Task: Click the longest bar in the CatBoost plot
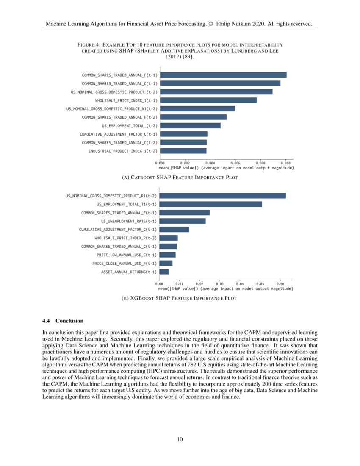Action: [x=223, y=75]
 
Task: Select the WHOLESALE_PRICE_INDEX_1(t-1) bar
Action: [x=208, y=100]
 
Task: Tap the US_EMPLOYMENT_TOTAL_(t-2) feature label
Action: [x=130, y=125]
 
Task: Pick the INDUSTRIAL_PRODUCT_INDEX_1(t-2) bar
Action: [x=183, y=151]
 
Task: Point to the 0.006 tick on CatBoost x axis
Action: [x=235, y=163]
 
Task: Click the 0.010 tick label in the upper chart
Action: [x=285, y=163]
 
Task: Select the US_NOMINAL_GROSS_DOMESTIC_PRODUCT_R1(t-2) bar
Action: [x=223, y=196]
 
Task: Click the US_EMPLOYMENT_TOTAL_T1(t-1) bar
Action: [x=210, y=204]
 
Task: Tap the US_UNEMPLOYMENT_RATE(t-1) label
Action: [x=129, y=221]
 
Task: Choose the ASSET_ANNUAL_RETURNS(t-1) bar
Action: [x=164, y=272]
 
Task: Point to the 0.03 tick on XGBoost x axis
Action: [x=220, y=283]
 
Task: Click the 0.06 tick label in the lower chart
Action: [x=280, y=283]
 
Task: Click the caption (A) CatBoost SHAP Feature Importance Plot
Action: [x=180, y=178]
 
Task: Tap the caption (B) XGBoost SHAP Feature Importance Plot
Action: [x=180, y=298]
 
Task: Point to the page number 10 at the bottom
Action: [x=180, y=439]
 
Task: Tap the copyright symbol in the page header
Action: [x=211, y=24]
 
